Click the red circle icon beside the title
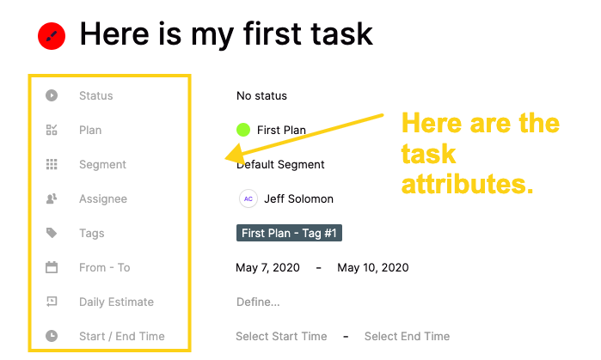pyautogui.click(x=52, y=35)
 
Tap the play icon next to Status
pyautogui.click(x=52, y=95)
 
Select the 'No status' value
pyautogui.click(x=261, y=95)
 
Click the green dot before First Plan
pyautogui.click(x=243, y=130)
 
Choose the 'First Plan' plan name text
pyautogui.click(x=281, y=131)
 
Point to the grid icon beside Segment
pyautogui.click(x=52, y=164)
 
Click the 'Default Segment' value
pyautogui.click(x=280, y=165)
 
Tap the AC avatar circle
pyautogui.click(x=248, y=198)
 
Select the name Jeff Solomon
pyautogui.click(x=298, y=199)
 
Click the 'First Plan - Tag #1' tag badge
pyautogui.click(x=289, y=233)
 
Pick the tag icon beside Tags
pyautogui.click(x=52, y=233)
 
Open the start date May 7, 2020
pyautogui.click(x=267, y=268)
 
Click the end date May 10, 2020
pyautogui.click(x=373, y=268)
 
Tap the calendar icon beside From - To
pyautogui.click(x=52, y=267)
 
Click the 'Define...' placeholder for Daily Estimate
pyautogui.click(x=258, y=302)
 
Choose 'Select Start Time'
pyautogui.click(x=281, y=336)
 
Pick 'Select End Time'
pyautogui.click(x=407, y=336)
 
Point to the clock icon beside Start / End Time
pyautogui.click(x=52, y=336)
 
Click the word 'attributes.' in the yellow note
pyautogui.click(x=467, y=185)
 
